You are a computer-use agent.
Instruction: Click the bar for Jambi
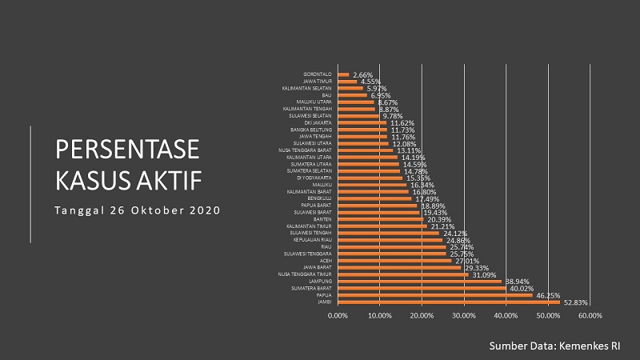449,302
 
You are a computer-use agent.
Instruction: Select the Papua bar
435,295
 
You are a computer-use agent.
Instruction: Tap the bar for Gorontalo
344,74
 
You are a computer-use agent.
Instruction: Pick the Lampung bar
420,282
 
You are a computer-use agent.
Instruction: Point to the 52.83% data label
576,302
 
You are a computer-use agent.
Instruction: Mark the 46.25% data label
548,295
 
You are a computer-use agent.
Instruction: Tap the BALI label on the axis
328,95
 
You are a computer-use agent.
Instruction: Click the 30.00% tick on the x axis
464,315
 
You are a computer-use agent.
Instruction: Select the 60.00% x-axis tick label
590,315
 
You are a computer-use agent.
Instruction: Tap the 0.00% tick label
338,315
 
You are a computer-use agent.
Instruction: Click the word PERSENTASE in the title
127,151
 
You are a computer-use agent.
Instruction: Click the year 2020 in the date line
204,210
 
